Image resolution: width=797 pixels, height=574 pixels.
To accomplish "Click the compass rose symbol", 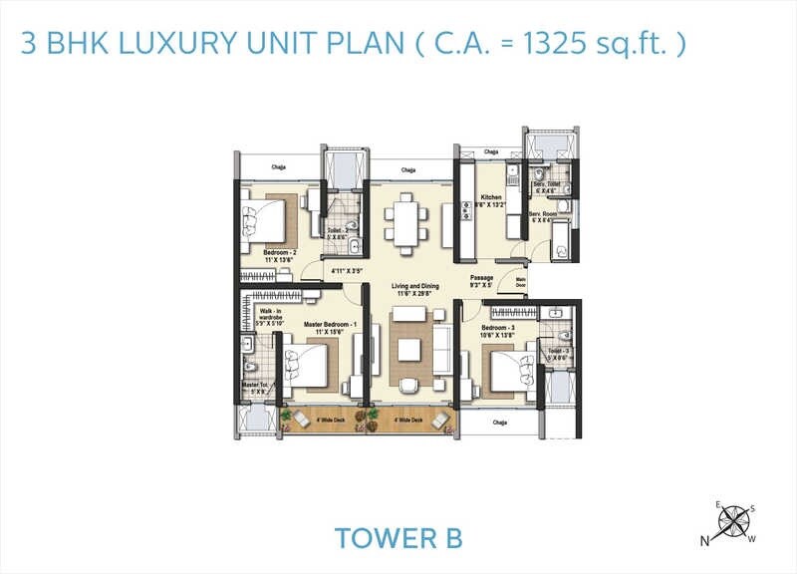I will pyautogui.click(x=737, y=521).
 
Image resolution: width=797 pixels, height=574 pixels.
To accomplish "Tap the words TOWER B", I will pyautogui.click(x=398, y=538).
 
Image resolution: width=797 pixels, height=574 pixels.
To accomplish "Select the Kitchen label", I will pyautogui.click(x=491, y=197).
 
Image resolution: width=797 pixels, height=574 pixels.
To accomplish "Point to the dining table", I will pyautogui.click(x=405, y=220).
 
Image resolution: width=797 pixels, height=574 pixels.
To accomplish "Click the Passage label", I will pyautogui.click(x=483, y=279).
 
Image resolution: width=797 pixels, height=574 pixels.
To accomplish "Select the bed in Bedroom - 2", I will pyautogui.click(x=266, y=218).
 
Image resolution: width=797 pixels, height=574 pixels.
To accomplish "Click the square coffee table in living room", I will pyautogui.click(x=406, y=350).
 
